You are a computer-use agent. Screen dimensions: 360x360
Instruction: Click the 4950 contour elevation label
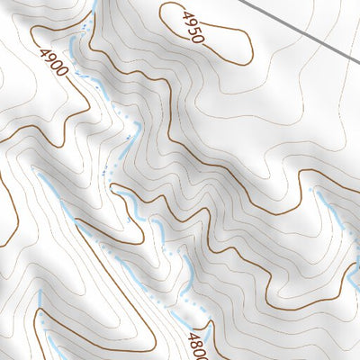pos(193,27)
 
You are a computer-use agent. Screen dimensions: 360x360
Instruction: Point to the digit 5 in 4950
pos(195,32)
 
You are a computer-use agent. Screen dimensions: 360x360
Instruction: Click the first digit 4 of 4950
pos(187,15)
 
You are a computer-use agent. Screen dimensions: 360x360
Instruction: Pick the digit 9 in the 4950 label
pos(191,23)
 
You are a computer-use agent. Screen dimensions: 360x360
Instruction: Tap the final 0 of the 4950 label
pos(199,40)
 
